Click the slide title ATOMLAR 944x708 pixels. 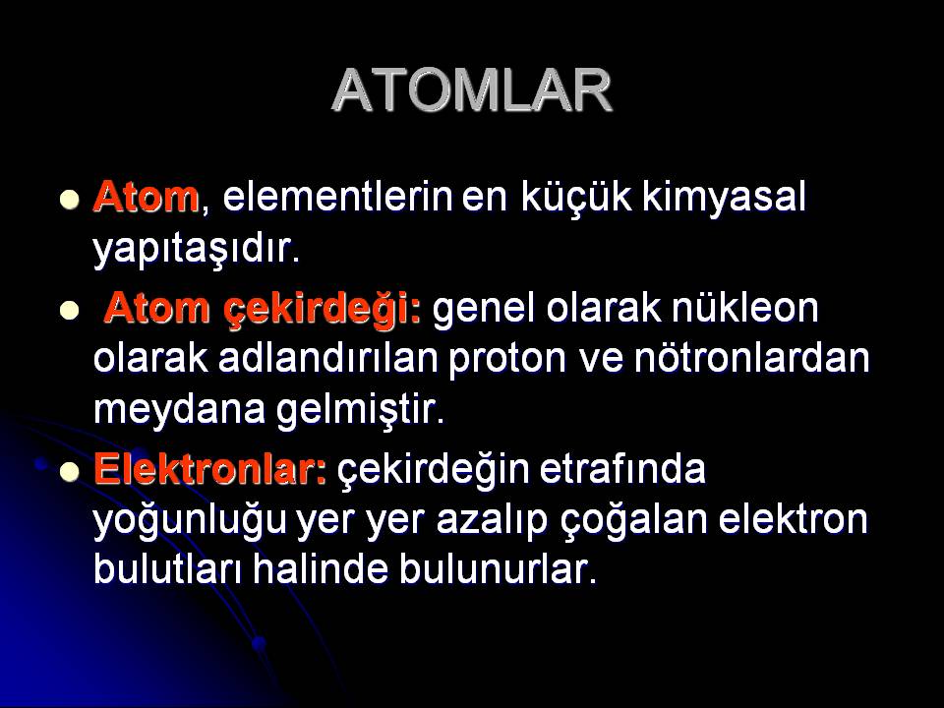[x=472, y=90]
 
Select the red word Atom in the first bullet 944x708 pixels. [x=146, y=197]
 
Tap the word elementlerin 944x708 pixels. [x=337, y=197]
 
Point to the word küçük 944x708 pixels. [x=576, y=198]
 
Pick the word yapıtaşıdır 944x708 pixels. [x=196, y=249]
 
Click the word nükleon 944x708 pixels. [x=744, y=308]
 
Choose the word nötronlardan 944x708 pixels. [x=752, y=358]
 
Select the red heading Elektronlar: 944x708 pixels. [x=210, y=469]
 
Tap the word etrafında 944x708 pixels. [x=621, y=469]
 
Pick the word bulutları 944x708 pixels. [x=167, y=569]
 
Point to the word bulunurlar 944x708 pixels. [x=498, y=569]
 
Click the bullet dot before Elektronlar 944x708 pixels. [x=70, y=472]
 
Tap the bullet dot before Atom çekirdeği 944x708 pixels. [x=70, y=311]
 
